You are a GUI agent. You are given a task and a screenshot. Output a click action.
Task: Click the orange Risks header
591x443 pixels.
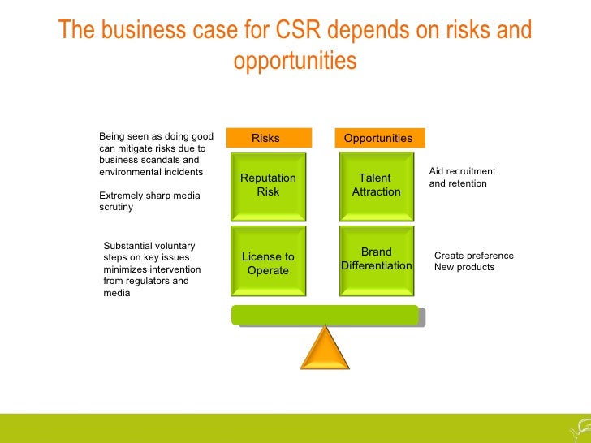point(268,138)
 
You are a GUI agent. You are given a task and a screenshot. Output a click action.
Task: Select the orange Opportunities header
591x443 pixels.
point(378,138)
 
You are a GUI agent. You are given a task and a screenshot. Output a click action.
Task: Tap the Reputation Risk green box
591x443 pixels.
point(268,185)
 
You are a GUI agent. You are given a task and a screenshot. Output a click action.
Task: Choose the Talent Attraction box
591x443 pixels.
point(376,185)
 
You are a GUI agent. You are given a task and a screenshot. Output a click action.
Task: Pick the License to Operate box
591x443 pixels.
point(268,264)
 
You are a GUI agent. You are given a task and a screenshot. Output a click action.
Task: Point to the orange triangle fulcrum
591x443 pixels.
point(325,349)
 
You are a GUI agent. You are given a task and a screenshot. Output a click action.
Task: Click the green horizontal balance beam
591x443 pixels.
point(325,315)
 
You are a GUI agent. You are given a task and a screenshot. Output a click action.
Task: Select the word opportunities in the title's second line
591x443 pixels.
point(295,61)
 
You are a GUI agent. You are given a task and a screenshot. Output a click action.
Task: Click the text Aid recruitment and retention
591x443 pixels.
point(462,178)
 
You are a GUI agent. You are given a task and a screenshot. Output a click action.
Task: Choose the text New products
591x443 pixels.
point(464,267)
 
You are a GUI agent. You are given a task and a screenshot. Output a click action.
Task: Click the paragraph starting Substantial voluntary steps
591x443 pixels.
point(152,269)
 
